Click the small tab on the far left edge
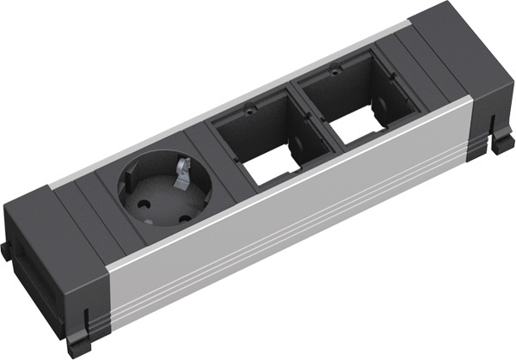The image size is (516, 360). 6,251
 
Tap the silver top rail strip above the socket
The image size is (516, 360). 129,151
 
